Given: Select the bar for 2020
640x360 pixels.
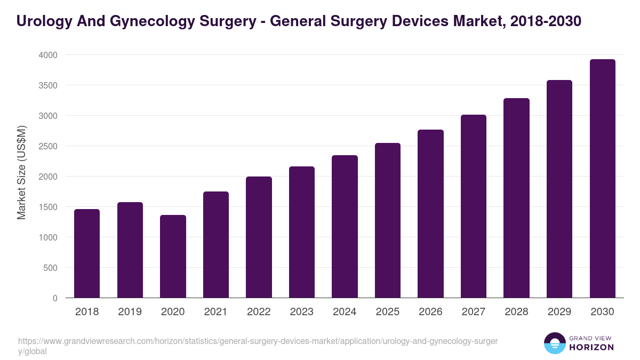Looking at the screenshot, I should [173, 257].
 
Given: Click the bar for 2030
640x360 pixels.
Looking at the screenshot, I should [602, 179].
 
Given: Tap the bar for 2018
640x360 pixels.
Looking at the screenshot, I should [87, 253].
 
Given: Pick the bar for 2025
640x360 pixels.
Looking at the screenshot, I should [387, 220].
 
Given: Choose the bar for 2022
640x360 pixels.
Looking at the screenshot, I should [259, 237].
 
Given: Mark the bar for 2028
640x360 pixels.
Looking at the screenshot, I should [516, 198].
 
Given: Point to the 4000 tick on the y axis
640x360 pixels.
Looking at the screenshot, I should [48, 55].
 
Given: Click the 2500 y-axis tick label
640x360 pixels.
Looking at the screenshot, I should [48, 146].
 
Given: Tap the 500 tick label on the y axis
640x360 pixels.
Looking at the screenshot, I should [51, 268].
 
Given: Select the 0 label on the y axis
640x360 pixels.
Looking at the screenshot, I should [55, 298].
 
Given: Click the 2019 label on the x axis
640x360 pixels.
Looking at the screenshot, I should [130, 312].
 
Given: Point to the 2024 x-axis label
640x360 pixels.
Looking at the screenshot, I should [345, 312].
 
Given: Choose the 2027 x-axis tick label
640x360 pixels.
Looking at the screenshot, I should [473, 312].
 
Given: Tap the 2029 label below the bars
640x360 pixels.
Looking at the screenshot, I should [559, 312].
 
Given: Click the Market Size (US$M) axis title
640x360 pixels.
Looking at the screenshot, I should [21, 172].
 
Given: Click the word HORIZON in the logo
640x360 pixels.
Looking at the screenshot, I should [591, 347].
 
